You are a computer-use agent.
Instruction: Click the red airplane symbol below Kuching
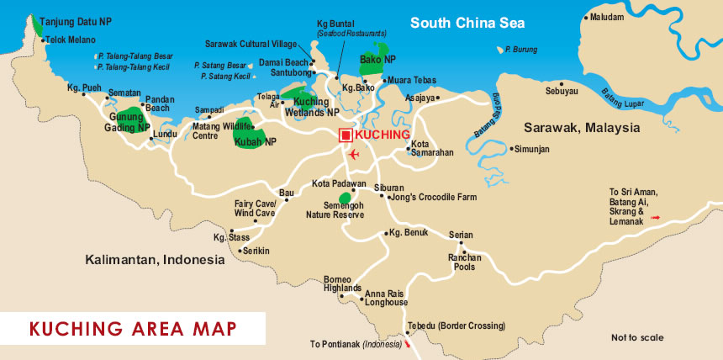[353, 155]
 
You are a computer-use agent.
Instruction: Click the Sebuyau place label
[562, 91]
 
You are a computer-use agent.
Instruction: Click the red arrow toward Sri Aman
[657, 218]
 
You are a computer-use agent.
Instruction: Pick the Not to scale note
[637, 337]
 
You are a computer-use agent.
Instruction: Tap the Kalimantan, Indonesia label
[156, 260]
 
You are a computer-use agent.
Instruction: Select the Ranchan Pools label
[464, 262]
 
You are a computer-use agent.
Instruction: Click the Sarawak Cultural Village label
[251, 44]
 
